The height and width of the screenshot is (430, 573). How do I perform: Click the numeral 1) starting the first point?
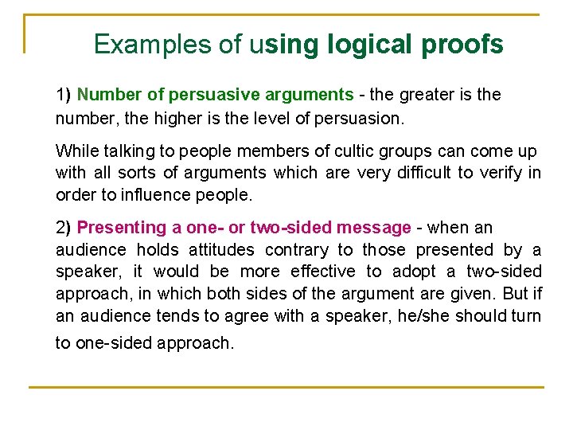(64, 95)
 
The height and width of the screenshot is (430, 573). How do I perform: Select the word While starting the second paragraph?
(76, 151)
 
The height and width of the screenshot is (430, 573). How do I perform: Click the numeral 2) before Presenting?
(64, 228)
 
